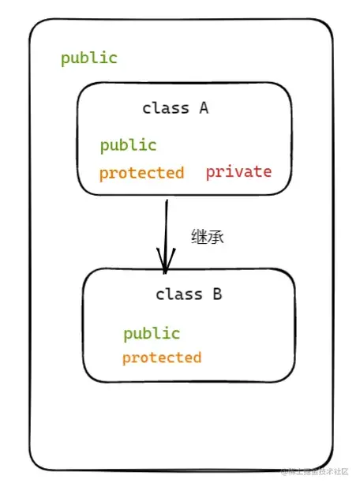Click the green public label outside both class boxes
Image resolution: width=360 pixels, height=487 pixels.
(89, 58)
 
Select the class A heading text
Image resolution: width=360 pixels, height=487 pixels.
(174, 108)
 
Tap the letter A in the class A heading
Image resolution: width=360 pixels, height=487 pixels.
(203, 108)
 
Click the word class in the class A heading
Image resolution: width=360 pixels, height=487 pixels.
(165, 108)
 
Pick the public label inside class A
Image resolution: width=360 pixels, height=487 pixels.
(128, 145)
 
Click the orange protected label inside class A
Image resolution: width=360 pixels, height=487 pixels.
(141, 173)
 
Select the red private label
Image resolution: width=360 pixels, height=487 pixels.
(238, 171)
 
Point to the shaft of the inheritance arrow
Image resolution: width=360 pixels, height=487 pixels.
(167, 229)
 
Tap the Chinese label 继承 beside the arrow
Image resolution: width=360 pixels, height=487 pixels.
(208, 236)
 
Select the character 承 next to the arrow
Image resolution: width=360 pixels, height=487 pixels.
(216, 236)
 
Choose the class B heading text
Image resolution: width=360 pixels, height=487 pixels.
(189, 294)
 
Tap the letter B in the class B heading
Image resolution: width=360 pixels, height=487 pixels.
(217, 294)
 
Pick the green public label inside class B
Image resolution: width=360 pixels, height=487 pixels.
(152, 333)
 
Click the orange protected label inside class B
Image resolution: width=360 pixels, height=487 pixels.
(162, 358)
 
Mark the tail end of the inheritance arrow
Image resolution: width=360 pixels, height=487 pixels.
(167, 202)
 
